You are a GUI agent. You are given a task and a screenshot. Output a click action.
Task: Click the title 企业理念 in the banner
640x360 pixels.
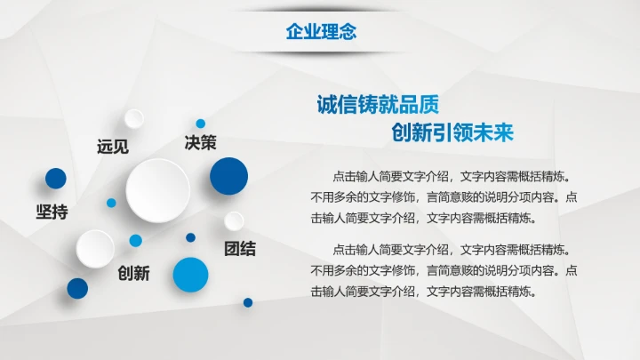tap(321, 32)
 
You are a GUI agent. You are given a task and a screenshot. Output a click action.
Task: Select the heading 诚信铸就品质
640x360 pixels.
tap(378, 104)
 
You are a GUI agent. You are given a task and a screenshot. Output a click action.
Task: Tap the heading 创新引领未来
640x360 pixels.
tap(452, 133)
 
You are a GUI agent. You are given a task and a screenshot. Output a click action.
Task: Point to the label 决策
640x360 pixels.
tap(200, 142)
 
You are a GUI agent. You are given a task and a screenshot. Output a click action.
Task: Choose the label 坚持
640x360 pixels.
tap(52, 212)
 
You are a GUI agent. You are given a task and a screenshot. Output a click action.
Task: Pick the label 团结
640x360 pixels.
tap(239, 248)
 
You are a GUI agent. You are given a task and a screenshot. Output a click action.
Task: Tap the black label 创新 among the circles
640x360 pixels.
tap(133, 273)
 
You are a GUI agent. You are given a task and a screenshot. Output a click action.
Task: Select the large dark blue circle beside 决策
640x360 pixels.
tap(228, 175)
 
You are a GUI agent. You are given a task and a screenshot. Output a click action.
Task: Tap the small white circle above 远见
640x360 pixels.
tap(134, 118)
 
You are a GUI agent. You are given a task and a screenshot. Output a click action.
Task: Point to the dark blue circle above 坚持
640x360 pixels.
tap(56, 179)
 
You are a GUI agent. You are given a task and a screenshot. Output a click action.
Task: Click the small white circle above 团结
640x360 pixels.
tap(234, 220)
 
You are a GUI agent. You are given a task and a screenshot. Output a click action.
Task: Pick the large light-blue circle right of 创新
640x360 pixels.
tap(190, 275)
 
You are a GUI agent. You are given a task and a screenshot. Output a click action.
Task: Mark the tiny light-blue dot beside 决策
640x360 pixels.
tap(201, 124)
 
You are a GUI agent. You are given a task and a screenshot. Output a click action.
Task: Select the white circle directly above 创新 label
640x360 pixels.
tap(94, 248)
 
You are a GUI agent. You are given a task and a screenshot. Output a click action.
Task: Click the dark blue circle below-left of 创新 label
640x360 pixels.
tap(77, 288)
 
